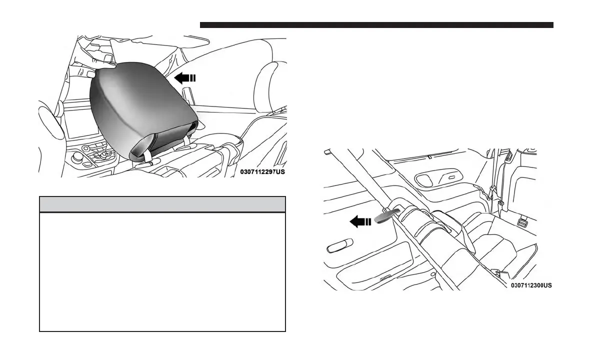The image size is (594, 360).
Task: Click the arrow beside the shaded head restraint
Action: point(184,77)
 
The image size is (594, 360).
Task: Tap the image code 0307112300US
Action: point(531,285)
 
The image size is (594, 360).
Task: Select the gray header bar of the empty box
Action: point(162,204)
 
